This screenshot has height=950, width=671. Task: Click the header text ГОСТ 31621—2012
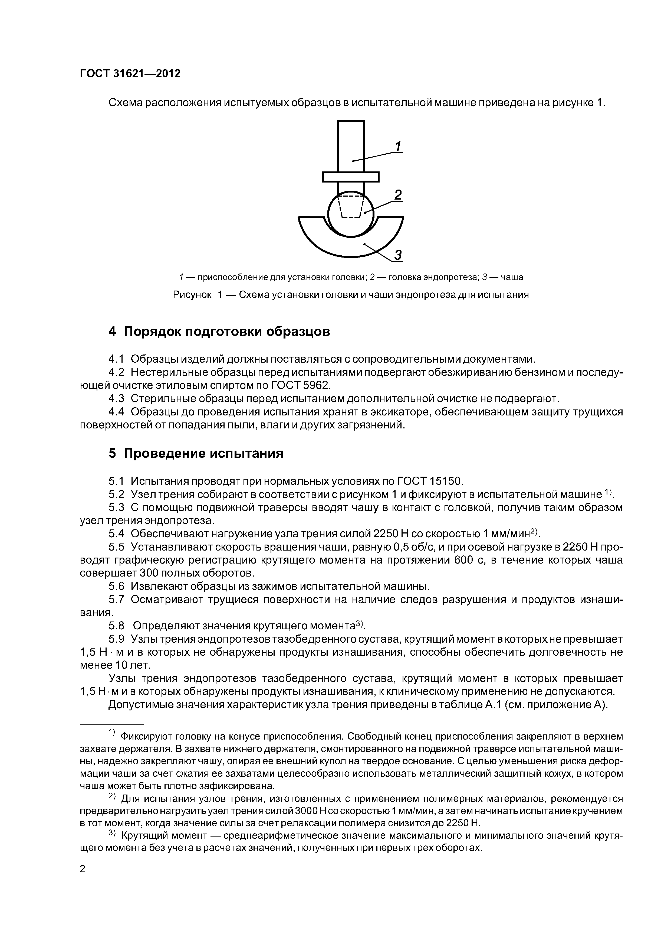(130, 74)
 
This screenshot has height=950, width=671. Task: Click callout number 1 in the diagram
(398, 147)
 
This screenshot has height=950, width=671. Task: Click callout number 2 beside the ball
(398, 195)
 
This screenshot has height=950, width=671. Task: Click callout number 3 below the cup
(398, 255)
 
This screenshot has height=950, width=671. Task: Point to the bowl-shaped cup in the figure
(351, 244)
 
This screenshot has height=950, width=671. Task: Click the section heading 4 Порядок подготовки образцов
(219, 331)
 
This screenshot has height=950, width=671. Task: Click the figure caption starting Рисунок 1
(351, 295)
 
